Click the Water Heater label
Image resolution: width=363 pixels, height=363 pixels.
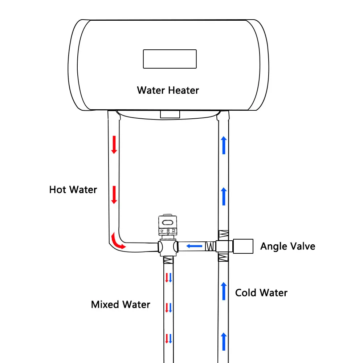pyautogui.click(x=168, y=90)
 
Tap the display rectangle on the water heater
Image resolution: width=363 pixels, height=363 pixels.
pyautogui.click(x=170, y=59)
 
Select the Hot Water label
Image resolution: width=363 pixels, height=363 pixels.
pyautogui.click(x=73, y=189)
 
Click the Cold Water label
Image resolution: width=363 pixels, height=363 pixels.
pyautogui.click(x=261, y=293)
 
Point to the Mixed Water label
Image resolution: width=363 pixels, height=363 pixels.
pyautogui.click(x=121, y=305)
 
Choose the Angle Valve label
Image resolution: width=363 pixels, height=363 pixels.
pyautogui.click(x=288, y=246)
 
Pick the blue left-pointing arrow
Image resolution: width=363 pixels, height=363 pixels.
pyautogui.click(x=194, y=246)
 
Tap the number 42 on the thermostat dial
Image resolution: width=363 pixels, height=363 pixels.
pyautogui.click(x=162, y=231)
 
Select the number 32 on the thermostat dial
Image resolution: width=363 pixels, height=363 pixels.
pyautogui.click(x=174, y=231)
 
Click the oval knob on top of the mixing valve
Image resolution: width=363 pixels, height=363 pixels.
pyautogui.click(x=168, y=223)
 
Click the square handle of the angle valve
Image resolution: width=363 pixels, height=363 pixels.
pyautogui.click(x=243, y=246)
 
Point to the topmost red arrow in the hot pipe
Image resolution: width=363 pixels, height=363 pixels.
pyautogui.click(x=114, y=145)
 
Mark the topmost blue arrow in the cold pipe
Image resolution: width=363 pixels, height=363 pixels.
pyautogui.click(x=224, y=145)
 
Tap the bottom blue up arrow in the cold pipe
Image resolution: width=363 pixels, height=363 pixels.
pyautogui.click(x=224, y=342)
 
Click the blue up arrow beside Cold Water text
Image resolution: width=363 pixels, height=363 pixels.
pyautogui.click(x=224, y=291)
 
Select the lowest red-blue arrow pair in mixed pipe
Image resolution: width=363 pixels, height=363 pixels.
pyautogui.click(x=168, y=338)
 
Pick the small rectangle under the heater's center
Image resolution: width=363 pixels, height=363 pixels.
pyautogui.click(x=170, y=114)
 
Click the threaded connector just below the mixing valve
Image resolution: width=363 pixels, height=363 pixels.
pyautogui.click(x=168, y=260)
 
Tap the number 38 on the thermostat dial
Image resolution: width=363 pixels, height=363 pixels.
pyautogui.click(x=168, y=231)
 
